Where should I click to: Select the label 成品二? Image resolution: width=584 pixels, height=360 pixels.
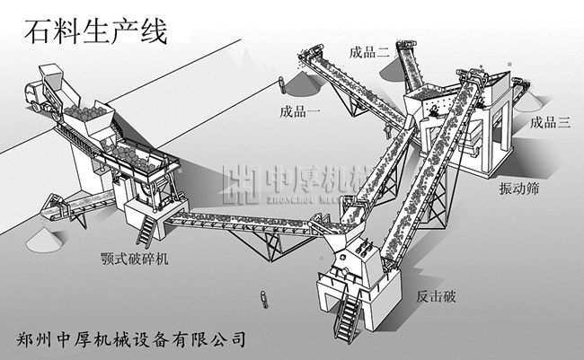[x=369, y=51]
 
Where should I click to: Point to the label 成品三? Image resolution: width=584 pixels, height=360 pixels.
[x=550, y=123]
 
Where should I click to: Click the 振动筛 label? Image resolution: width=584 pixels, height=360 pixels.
[x=519, y=191]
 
